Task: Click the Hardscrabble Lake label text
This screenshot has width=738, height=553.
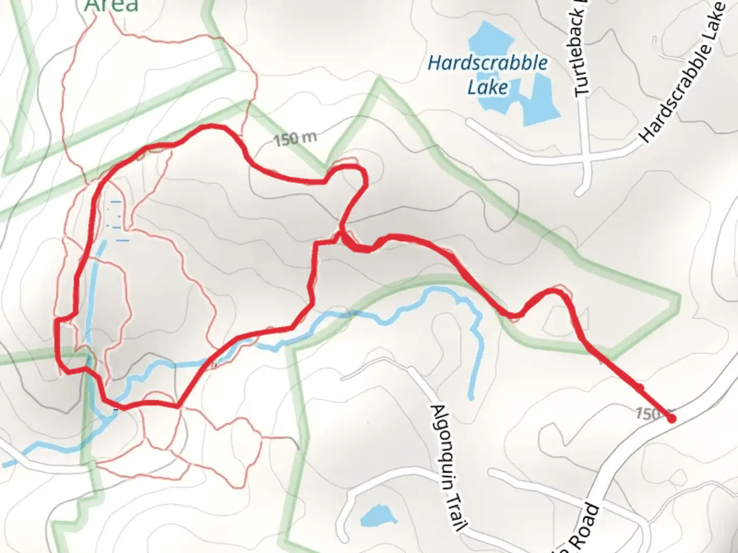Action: [x=487, y=75]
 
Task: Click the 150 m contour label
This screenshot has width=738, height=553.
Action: [x=295, y=139]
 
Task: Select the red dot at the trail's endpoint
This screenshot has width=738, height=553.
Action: [x=671, y=418]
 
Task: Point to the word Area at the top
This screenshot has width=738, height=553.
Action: [x=111, y=5]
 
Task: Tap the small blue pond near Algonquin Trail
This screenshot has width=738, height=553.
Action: [x=378, y=514]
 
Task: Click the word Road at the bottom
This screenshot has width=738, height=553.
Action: [x=586, y=527]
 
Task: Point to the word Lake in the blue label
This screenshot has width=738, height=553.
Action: [x=487, y=87]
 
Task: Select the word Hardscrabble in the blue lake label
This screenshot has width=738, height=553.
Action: [x=487, y=63]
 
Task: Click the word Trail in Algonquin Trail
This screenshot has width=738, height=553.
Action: [x=456, y=507]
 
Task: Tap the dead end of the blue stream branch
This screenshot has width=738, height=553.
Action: [x=470, y=397]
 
